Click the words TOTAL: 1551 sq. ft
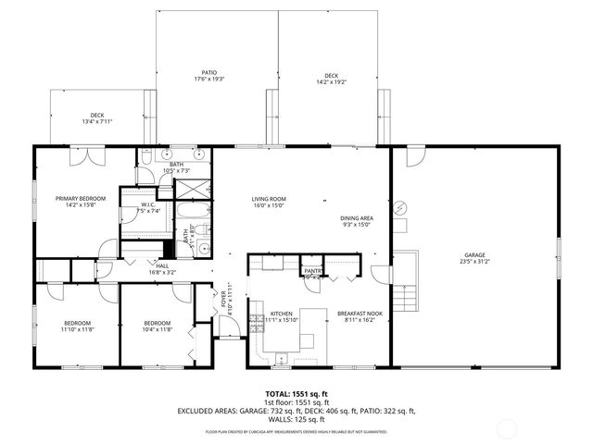tap(296, 393)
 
